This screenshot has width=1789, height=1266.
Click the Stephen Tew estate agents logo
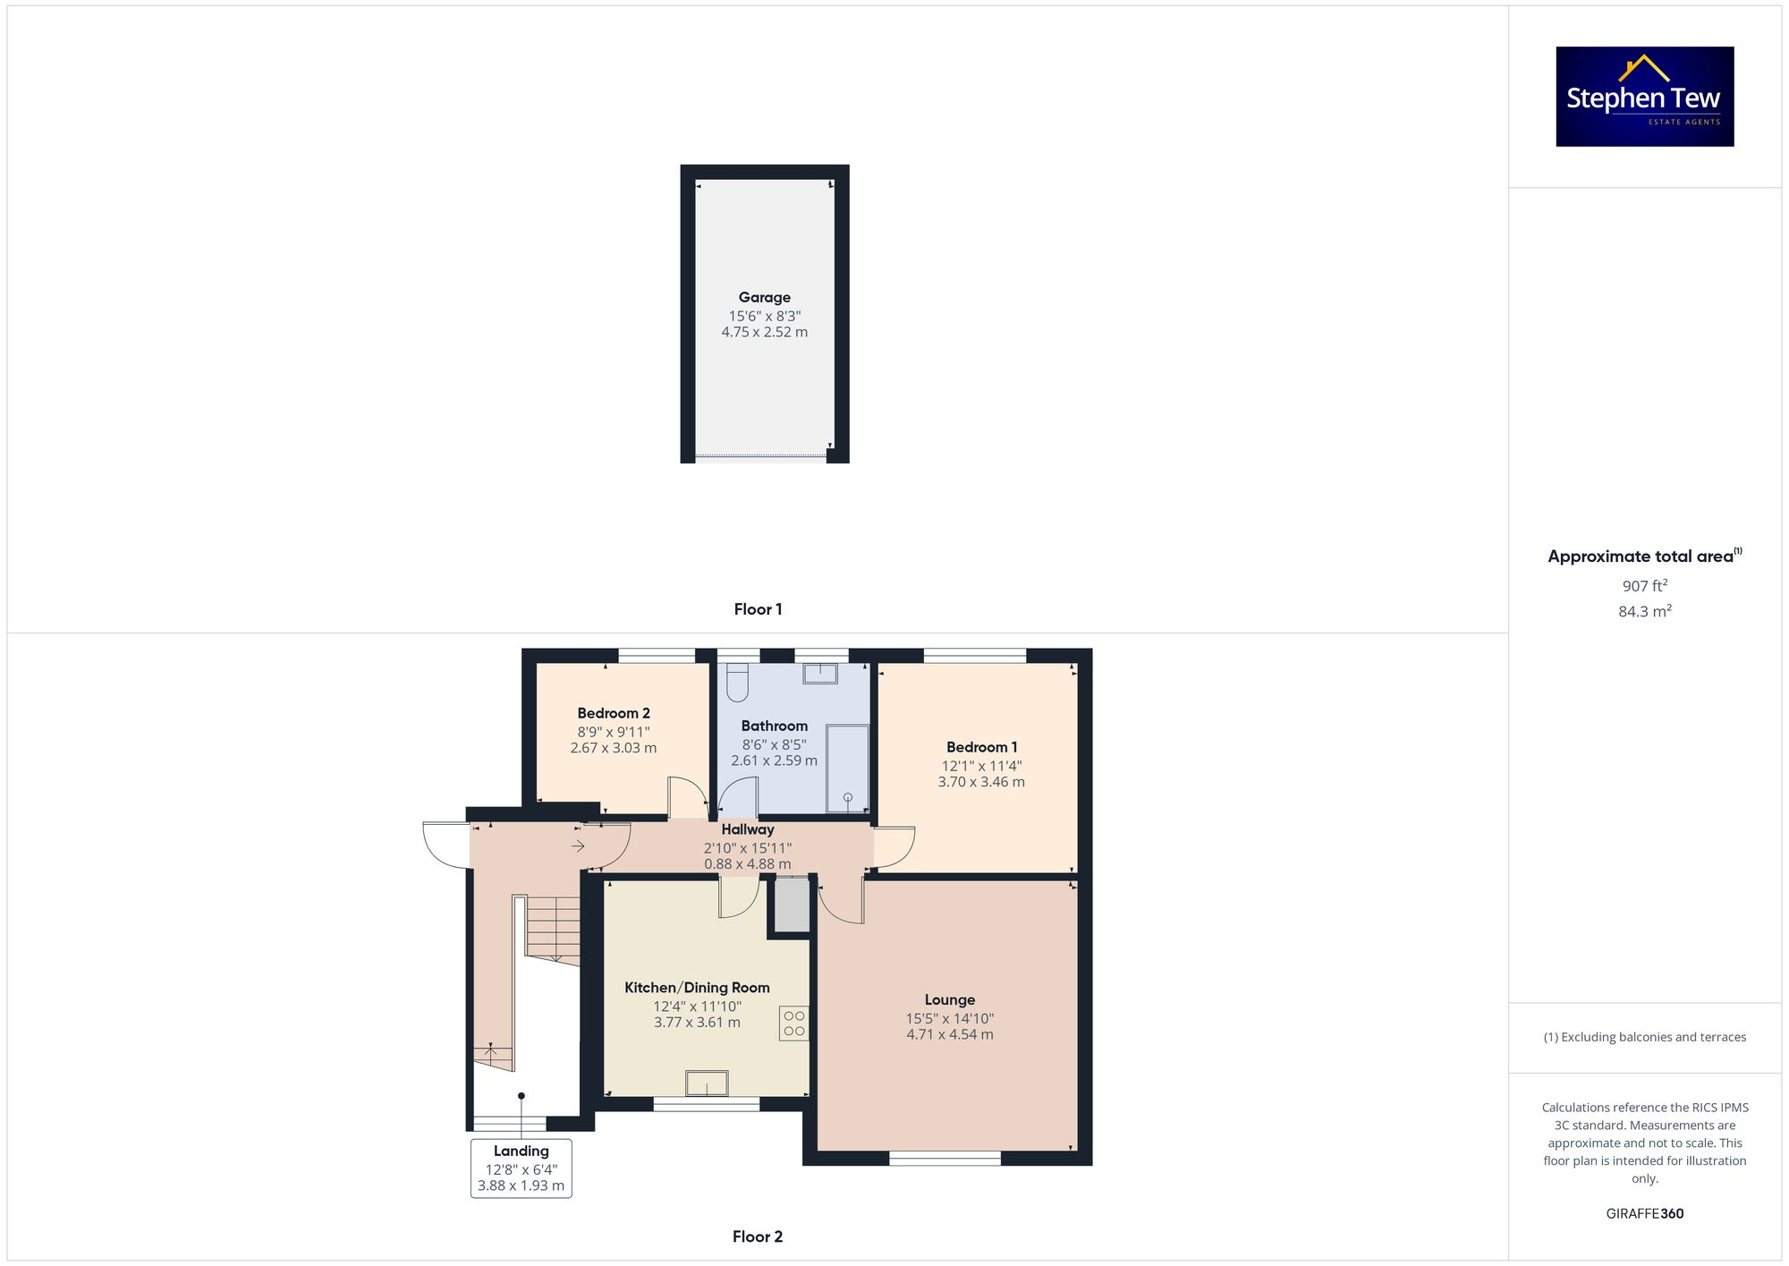click(1644, 97)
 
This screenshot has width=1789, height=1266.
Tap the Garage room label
click(764, 298)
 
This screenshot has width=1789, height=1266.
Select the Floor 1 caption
click(758, 609)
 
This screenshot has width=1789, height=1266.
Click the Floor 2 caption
click(757, 1236)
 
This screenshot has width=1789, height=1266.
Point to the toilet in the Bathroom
click(737, 682)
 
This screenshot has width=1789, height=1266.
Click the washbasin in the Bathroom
click(819, 673)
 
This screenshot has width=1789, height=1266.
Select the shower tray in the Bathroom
click(847, 769)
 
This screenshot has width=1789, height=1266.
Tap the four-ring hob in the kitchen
click(793, 1024)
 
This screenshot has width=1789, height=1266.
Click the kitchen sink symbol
click(707, 1083)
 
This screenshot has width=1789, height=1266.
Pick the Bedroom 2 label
click(614, 713)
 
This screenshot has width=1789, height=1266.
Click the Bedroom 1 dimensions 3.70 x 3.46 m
click(981, 782)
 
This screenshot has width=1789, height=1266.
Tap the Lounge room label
click(950, 1000)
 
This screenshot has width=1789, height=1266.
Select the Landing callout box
click(521, 1168)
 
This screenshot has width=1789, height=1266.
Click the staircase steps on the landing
click(553, 928)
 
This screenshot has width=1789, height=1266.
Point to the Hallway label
click(748, 829)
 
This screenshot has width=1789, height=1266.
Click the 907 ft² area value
click(1644, 586)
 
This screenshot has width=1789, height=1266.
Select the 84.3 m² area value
click(1644, 612)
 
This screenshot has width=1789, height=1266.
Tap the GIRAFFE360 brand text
click(1644, 1214)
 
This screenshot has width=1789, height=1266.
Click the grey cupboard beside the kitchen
click(792, 905)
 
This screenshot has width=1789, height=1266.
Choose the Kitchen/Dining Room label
click(697, 988)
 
